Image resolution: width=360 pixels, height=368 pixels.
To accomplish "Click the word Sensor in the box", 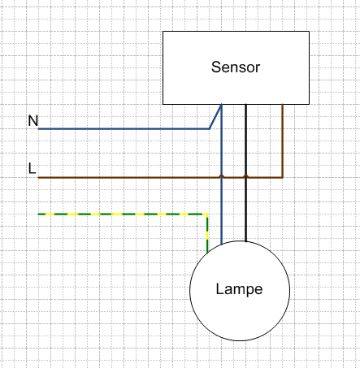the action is [236, 67].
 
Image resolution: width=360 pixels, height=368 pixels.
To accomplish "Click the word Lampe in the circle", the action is [239, 290].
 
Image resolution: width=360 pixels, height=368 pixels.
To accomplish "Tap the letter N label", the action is [33, 120].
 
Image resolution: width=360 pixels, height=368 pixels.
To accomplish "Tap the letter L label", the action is [33, 168].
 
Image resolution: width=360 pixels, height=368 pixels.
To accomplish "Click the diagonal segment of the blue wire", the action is [215, 117].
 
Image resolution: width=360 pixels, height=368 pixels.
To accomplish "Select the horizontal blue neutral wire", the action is [124, 129].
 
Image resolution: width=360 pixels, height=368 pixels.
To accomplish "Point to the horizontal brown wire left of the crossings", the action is [128, 178].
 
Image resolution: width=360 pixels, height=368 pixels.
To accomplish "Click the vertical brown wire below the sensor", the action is [283, 141].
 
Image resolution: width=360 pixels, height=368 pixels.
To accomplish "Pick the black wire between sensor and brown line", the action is [245, 140].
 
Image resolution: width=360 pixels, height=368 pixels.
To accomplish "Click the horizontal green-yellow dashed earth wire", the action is [123, 214].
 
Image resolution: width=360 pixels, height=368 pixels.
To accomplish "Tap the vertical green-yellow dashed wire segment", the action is [207, 234].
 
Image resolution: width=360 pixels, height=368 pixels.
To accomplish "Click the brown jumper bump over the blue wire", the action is [222, 176].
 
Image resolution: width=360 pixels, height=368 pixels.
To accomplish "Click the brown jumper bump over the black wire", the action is [245, 176].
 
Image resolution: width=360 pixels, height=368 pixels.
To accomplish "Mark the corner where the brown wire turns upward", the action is [283, 178].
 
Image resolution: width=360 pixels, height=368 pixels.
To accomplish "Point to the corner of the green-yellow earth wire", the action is [207, 214].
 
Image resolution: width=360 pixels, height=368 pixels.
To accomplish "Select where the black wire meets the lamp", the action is [245, 241].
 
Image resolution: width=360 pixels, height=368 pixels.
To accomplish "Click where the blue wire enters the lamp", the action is [222, 245].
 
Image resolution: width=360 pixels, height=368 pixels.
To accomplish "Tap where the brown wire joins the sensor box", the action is [283, 104].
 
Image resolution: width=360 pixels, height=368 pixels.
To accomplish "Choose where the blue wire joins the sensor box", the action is [222, 104].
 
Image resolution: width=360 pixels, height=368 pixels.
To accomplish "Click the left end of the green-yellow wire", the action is [38, 214].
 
